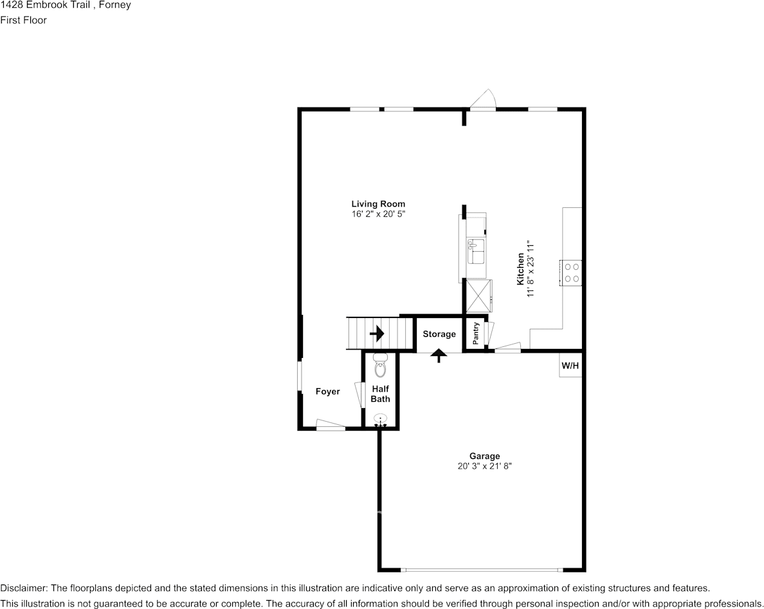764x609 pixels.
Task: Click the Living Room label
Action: tap(378, 204)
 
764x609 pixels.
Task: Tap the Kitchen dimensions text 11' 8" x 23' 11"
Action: tap(531, 269)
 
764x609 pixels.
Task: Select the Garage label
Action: tap(484, 456)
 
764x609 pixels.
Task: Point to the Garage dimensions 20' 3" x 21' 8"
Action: tap(484, 465)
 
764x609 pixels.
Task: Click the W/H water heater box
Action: tap(570, 366)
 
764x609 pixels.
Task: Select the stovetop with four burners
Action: tap(572, 272)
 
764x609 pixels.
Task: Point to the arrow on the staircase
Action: tap(377, 333)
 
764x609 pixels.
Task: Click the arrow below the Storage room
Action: tap(439, 355)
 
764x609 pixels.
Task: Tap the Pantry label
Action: tap(476, 333)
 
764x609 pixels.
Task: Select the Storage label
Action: tap(439, 334)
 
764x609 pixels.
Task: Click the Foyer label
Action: tap(327, 391)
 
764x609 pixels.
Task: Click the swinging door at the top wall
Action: tap(482, 99)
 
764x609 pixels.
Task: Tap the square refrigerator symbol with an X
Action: tap(478, 295)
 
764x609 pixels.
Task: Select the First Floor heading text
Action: tap(23, 20)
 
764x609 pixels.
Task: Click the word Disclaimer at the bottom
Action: tap(23, 588)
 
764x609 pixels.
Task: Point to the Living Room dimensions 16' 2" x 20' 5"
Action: tap(378, 214)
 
